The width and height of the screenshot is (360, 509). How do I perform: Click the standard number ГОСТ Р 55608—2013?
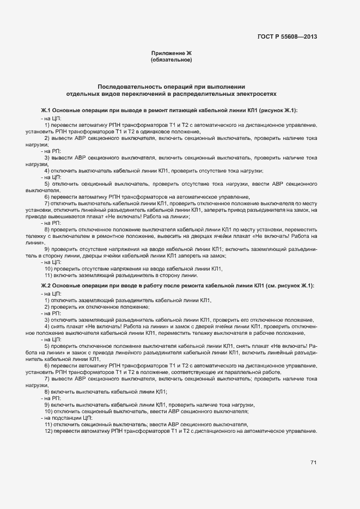click(287, 37)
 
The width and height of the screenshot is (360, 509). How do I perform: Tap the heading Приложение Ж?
click(172, 53)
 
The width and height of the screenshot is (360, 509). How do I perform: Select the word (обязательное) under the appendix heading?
click(172, 60)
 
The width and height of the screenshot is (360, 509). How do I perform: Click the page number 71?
click(313, 463)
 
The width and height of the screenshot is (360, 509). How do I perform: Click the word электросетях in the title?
click(257, 94)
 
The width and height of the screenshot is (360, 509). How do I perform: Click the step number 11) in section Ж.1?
click(48, 275)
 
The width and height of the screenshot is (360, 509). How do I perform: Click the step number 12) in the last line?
click(48, 431)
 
